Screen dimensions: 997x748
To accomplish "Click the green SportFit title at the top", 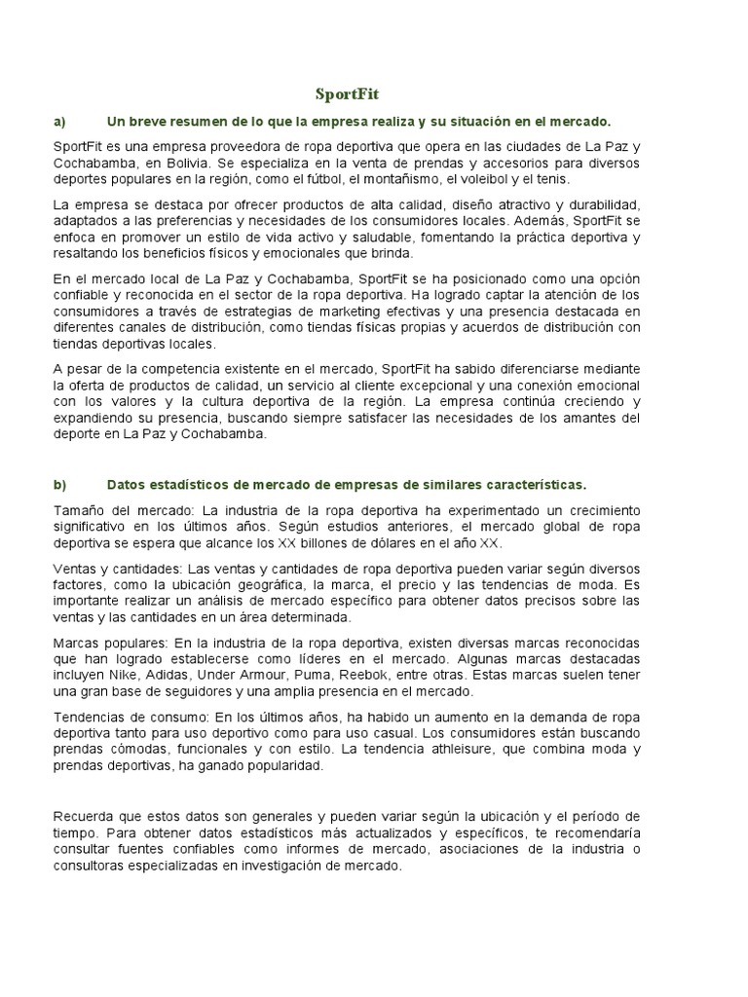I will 347,94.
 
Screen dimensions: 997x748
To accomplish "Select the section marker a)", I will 59,121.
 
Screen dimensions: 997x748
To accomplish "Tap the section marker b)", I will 59,484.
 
